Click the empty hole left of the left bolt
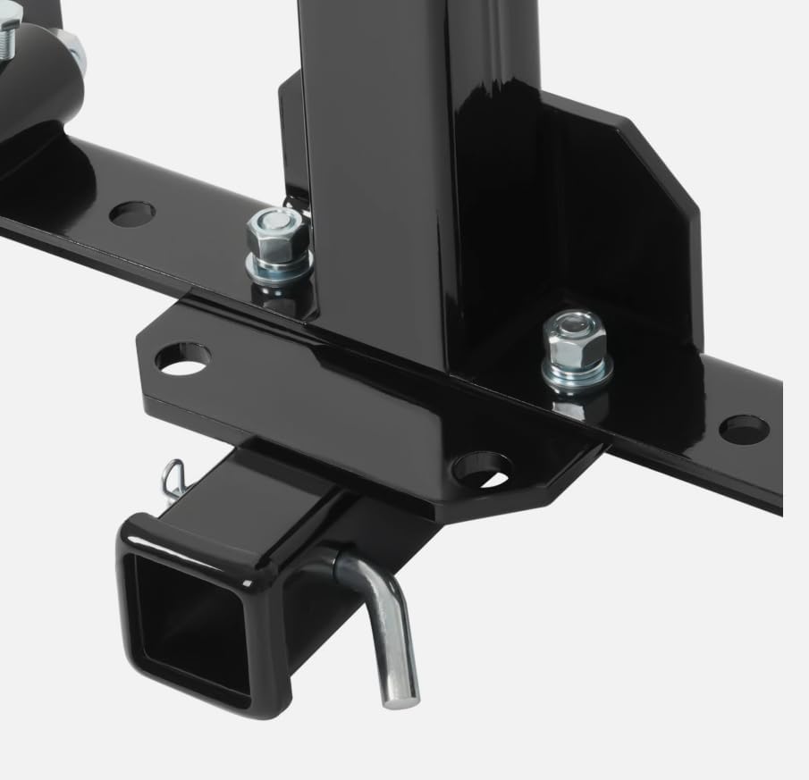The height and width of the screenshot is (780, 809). (x=132, y=214)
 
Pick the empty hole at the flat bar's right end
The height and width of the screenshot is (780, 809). (x=744, y=429)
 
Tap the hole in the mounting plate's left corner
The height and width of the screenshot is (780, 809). (x=183, y=358)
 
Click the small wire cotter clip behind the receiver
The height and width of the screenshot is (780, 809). (x=175, y=479)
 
